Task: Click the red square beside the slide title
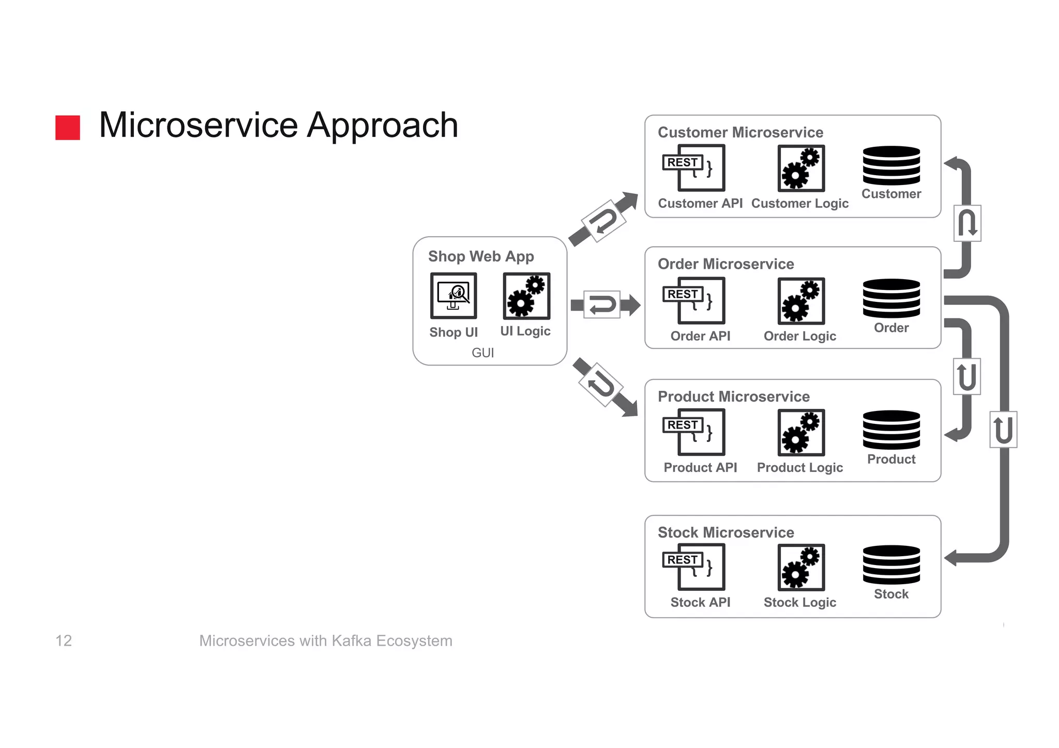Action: point(68,127)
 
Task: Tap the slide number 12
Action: point(64,640)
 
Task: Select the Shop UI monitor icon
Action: point(453,296)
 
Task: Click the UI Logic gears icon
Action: point(526,296)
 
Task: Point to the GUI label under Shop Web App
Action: point(482,353)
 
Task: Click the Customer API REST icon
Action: point(694,168)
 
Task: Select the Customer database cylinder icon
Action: point(891,165)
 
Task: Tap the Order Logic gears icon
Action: point(801,301)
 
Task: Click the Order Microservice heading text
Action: point(725,264)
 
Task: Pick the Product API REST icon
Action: point(694,432)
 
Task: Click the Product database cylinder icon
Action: point(891,430)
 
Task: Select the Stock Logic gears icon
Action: point(801,567)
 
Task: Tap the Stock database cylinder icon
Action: point(891,564)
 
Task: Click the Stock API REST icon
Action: point(694,567)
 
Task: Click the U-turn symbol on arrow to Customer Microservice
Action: point(603,221)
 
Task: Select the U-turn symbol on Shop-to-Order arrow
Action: point(602,304)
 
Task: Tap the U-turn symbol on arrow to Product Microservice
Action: point(600,385)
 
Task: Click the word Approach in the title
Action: point(382,125)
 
